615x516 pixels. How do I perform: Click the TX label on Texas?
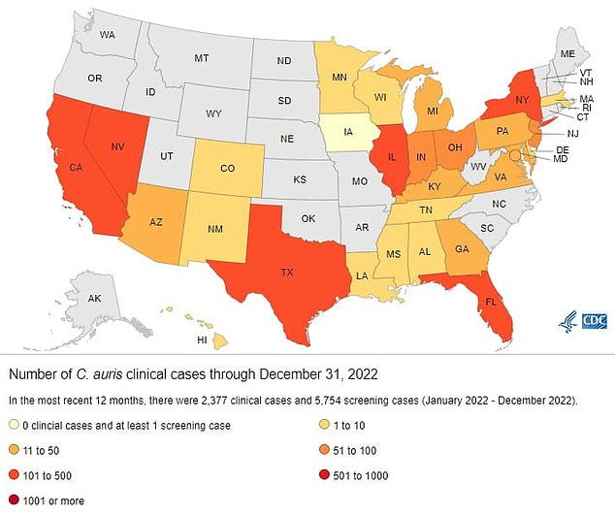point(287,273)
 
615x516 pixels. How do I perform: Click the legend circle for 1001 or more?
point(15,502)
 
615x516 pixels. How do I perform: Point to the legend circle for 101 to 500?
point(15,476)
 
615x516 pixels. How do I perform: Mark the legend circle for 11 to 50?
point(15,450)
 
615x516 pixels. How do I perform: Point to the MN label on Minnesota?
point(340,76)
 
